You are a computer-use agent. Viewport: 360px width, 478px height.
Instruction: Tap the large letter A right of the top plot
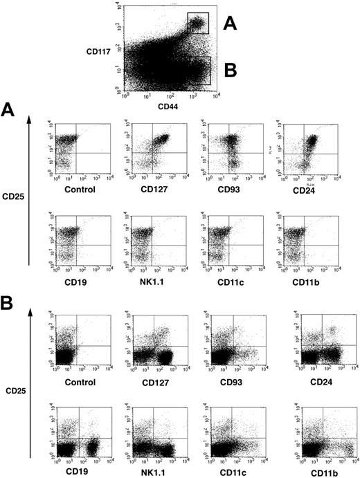231,24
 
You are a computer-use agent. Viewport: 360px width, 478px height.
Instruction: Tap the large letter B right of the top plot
232,69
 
